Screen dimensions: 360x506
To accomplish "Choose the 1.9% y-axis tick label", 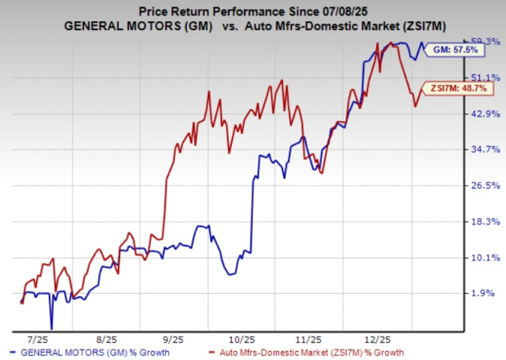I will pos(485,293).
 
